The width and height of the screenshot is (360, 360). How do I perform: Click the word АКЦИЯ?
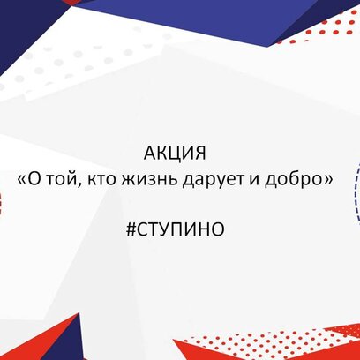pos(175,154)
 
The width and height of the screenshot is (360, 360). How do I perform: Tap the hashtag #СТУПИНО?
pos(176,229)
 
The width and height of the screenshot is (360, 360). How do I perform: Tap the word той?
pos(64,179)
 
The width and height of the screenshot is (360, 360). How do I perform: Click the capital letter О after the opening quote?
pos(35,179)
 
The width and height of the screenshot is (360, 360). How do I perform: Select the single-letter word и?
pos(255,180)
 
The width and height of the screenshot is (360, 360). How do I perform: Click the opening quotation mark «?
pos(22,180)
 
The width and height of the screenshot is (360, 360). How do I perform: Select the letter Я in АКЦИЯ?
pos(200,154)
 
